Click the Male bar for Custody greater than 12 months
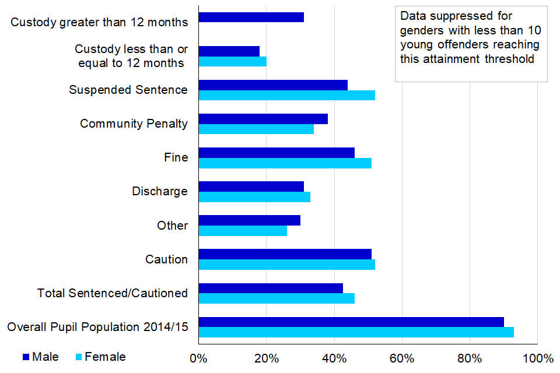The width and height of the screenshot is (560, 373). tap(251, 17)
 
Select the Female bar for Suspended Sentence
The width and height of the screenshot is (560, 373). tap(286, 95)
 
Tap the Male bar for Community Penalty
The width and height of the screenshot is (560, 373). tap(263, 119)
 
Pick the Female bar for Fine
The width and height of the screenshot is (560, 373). tap(285, 163)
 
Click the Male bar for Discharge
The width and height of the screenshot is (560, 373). tap(251, 186)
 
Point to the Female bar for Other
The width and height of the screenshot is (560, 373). tap(243, 230)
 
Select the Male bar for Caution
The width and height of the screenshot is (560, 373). tap(285, 254)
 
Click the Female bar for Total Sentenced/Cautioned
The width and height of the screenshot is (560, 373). tap(276, 298)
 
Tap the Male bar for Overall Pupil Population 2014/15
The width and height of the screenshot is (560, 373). tap(351, 322)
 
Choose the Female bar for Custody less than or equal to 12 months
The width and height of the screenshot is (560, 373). tap(232, 61)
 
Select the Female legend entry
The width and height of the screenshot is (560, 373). tap(100, 357)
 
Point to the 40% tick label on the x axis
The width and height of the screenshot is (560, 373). tap(334, 357)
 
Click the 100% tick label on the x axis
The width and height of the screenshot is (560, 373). tap(537, 357)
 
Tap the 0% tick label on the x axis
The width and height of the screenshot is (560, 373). tap(199, 357)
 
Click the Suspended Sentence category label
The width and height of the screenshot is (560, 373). tap(128, 90)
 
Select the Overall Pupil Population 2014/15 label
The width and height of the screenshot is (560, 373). tap(97, 327)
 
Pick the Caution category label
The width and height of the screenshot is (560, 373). tap(166, 259)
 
